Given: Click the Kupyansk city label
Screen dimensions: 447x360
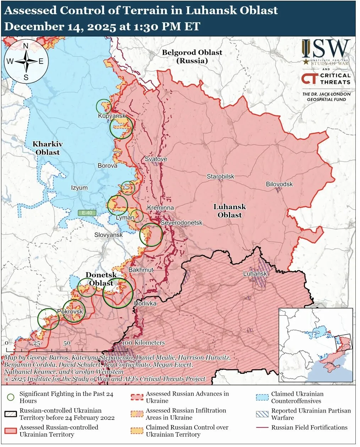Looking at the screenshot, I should [112, 116].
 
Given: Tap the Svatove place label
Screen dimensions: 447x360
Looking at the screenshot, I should [156, 159].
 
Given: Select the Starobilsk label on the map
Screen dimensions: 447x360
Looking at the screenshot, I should [220, 176].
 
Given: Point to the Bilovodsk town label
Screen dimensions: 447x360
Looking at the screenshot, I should [279, 184].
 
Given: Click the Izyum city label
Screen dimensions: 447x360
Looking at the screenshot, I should [79, 188].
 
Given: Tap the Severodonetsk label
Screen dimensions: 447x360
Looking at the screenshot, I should [181, 223].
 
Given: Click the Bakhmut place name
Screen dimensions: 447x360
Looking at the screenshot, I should [141, 270].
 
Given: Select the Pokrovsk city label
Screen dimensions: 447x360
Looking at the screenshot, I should [70, 311].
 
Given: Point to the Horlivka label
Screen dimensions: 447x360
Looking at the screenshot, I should [145, 304].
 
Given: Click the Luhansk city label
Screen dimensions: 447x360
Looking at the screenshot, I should [255, 274].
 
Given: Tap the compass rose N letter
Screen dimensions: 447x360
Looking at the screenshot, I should [26, 46].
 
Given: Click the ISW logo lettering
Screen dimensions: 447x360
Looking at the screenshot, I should [326, 49].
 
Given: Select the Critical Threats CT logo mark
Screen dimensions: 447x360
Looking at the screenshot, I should [309, 78].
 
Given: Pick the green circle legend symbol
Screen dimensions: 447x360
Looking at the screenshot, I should [11, 397].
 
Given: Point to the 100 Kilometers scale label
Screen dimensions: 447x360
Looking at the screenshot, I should [143, 343].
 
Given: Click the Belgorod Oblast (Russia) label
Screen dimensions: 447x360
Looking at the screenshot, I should [192, 56].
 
